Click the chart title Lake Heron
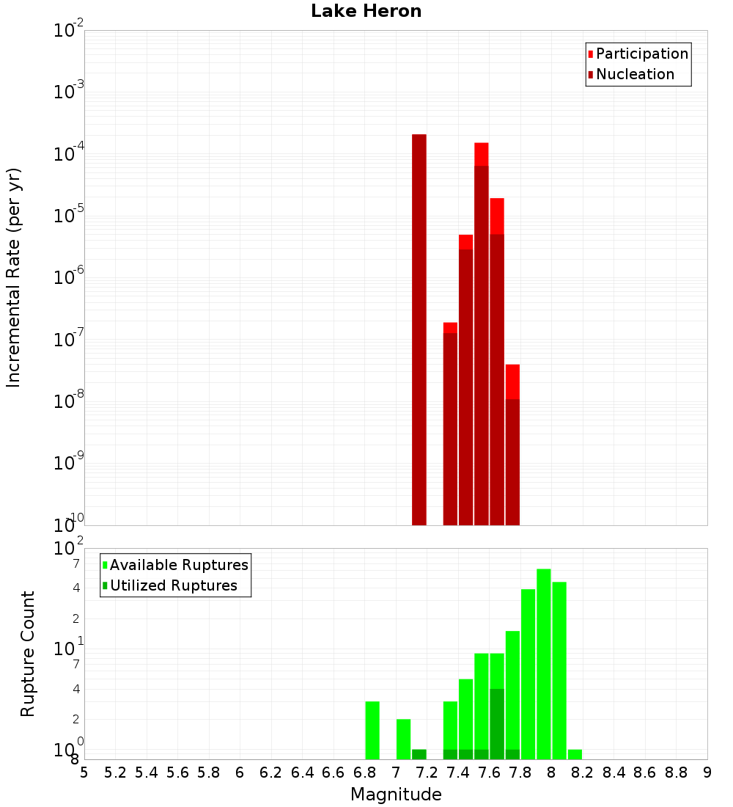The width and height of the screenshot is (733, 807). (366, 11)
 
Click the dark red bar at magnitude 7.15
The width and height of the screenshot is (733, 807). (419, 330)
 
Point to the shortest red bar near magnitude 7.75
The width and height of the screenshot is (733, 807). (512, 381)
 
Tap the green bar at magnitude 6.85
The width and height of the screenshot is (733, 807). (372, 730)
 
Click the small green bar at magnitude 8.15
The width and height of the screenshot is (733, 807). (575, 754)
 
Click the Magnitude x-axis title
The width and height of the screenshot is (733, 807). (396, 795)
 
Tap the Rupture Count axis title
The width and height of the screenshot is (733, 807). (28, 654)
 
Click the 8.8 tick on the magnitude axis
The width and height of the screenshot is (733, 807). (676, 773)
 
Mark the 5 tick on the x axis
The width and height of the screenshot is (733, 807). (84, 773)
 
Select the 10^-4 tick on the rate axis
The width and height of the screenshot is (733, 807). (69, 154)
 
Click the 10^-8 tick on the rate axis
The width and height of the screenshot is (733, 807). (69, 401)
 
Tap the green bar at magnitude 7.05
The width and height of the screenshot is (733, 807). (403, 739)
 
